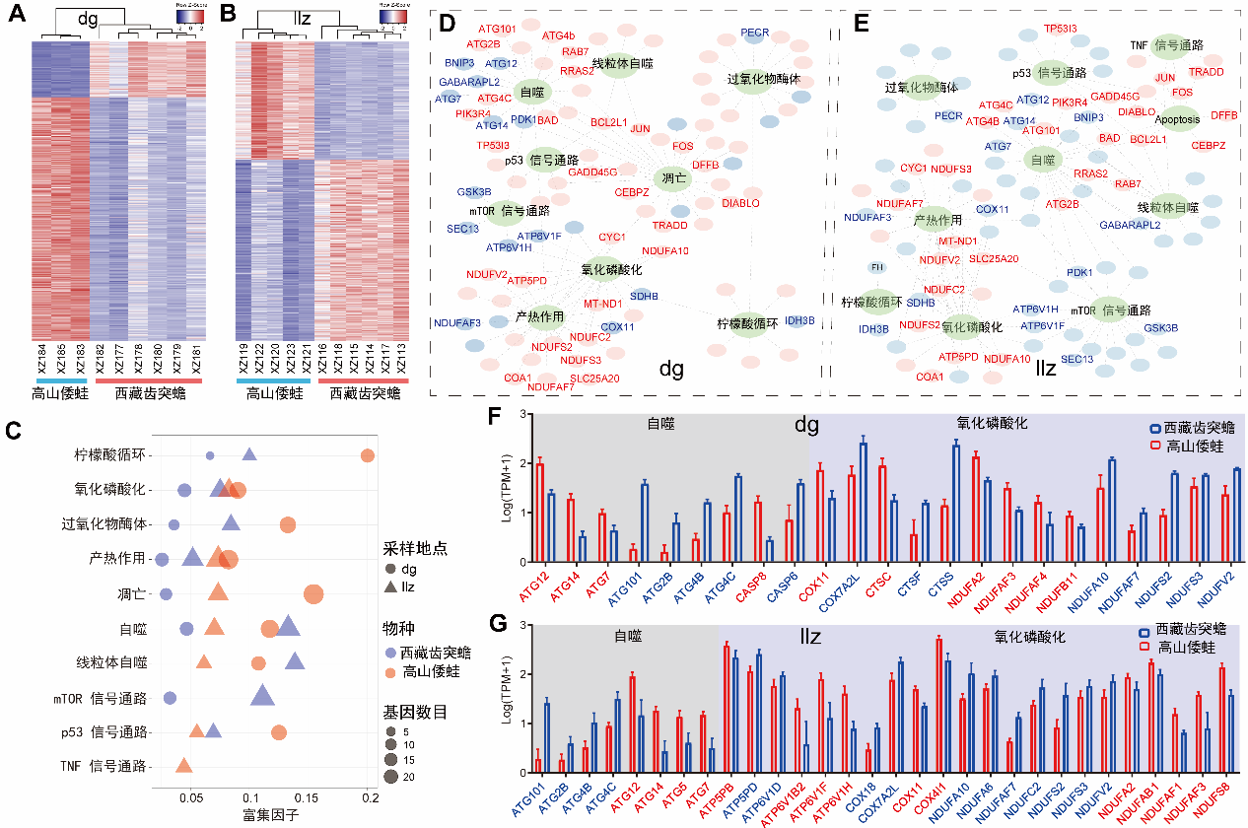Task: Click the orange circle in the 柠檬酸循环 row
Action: point(368,455)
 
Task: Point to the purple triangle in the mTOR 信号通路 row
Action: point(262,696)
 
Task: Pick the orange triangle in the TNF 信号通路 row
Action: point(183,765)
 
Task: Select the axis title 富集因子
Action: point(270,815)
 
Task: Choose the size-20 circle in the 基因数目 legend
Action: point(392,776)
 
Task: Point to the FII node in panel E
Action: point(876,267)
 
